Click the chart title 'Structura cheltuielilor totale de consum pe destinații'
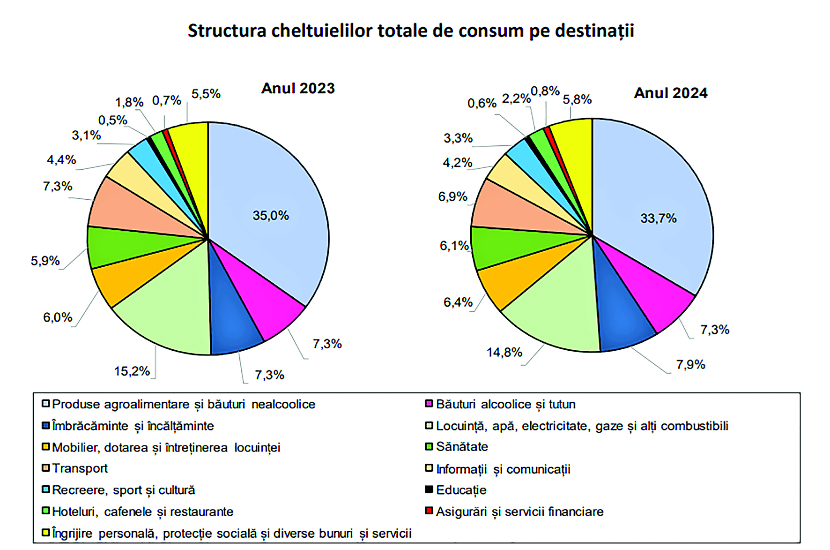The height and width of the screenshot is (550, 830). point(411,31)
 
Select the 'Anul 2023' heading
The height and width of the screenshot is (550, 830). point(298,88)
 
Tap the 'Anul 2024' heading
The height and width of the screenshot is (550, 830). point(670,93)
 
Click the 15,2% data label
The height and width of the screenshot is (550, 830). point(132,371)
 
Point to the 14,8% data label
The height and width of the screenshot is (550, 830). point(504,352)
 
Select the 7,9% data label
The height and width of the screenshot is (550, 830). point(690,364)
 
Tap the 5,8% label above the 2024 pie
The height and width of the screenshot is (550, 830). point(577,99)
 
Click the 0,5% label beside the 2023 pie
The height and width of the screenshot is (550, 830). point(112,120)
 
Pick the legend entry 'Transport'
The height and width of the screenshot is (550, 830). point(80,468)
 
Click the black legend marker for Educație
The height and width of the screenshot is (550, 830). point(429,490)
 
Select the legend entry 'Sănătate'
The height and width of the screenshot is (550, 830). point(462,447)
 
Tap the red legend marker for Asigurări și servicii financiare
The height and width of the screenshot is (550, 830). point(429,511)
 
